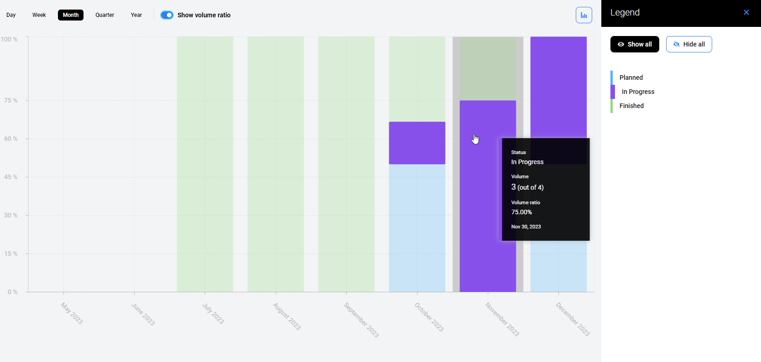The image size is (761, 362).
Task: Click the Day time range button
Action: click(11, 15)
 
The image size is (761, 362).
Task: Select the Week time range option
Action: click(39, 15)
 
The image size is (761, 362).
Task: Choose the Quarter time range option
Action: click(104, 15)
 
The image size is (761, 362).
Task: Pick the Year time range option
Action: click(136, 15)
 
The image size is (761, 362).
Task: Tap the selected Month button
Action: click(71, 15)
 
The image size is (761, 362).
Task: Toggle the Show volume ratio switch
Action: click(167, 15)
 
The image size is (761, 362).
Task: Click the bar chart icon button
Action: click(584, 15)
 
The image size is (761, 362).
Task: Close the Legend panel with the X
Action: click(746, 12)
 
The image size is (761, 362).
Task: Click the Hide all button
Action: click(688, 44)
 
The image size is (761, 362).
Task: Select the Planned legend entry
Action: click(631, 78)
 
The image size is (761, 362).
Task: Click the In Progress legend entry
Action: click(637, 92)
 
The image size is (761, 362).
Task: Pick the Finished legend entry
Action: click(631, 106)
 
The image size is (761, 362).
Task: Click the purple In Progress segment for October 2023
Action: click(417, 143)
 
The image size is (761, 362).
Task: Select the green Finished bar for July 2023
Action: click(205, 164)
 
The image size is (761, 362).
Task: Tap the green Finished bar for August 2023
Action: click(276, 164)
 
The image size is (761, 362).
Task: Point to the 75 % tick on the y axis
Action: click(11, 100)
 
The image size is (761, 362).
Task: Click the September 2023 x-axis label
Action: click(361, 320)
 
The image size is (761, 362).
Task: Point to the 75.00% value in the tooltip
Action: click(521, 212)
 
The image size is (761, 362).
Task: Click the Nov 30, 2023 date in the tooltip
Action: click(526, 227)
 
